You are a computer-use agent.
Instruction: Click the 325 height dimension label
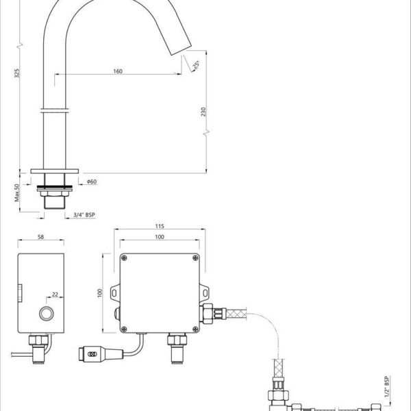[16, 73]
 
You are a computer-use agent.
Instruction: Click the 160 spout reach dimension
[118, 71]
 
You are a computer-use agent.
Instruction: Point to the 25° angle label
[196, 64]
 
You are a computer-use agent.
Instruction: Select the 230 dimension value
[203, 112]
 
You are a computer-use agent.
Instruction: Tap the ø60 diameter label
[92, 182]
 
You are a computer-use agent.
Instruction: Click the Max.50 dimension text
[17, 192]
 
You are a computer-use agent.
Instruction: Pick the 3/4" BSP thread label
[84, 214]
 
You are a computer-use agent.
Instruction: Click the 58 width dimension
[40, 237]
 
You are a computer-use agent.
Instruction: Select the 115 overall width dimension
[160, 226]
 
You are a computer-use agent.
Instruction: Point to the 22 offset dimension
[55, 295]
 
